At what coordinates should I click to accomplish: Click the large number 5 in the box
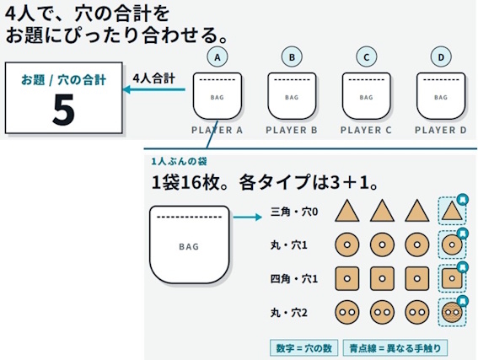[64, 110]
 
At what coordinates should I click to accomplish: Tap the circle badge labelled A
[218, 57]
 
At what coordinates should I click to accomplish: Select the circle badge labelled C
[367, 57]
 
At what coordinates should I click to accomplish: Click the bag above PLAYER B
[292, 96]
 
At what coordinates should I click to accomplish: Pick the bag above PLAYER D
[441, 96]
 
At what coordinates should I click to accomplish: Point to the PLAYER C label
[366, 130]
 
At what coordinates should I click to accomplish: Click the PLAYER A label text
[217, 130]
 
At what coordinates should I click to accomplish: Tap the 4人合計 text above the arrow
[154, 78]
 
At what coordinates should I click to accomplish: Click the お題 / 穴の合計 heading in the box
[63, 80]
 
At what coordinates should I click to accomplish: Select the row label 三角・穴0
[294, 212]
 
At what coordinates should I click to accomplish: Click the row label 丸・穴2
[289, 313]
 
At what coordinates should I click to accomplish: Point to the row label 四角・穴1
[294, 278]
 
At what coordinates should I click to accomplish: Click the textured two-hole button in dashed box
[452, 312]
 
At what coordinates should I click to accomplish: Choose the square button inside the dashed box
[452, 278]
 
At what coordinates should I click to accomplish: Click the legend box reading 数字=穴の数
[304, 348]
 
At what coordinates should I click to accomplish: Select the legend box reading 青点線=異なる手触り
[395, 348]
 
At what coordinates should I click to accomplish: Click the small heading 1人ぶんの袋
[179, 161]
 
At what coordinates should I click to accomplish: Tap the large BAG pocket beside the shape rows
[190, 244]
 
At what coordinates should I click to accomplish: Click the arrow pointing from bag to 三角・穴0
[248, 217]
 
